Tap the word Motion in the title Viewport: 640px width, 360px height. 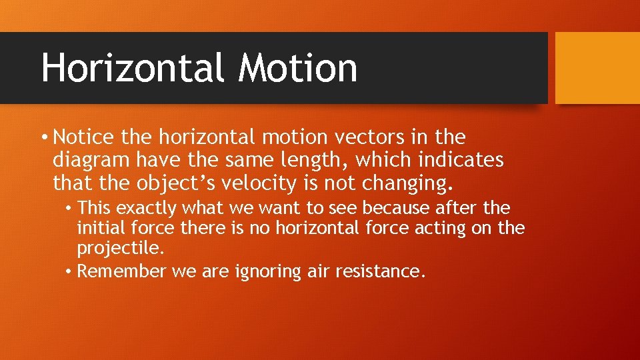pyautogui.click(x=298, y=68)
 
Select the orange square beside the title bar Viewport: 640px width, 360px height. pyautogui.click(x=597, y=68)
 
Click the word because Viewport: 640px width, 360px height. pyautogui.click(x=391, y=209)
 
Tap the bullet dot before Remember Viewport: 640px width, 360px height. pyautogui.click(x=69, y=272)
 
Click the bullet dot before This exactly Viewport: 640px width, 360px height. pyautogui.click(x=69, y=209)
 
